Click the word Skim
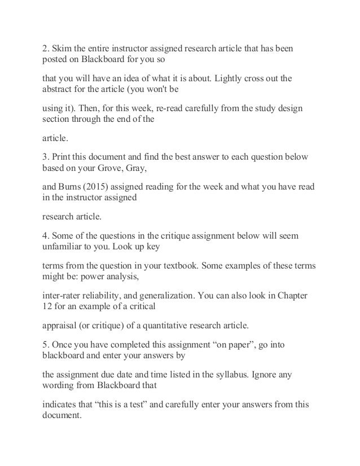(x=64, y=49)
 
